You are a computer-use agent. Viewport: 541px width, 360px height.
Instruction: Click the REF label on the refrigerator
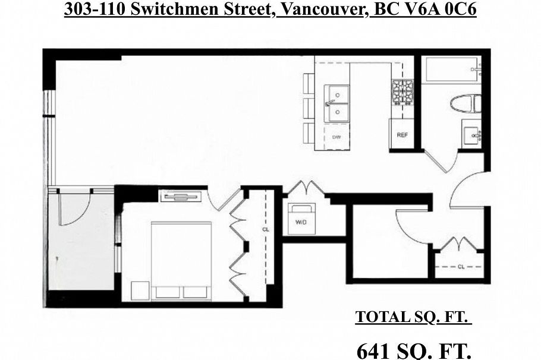pyautogui.click(x=402, y=135)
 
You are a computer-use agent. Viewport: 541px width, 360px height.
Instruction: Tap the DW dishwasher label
pyautogui.click(x=336, y=136)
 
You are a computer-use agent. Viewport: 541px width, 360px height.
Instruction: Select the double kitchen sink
pyautogui.click(x=336, y=102)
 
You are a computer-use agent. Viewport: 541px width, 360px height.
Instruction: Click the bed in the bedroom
pyautogui.click(x=181, y=260)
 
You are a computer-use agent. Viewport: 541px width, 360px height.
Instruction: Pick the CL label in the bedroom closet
pyautogui.click(x=265, y=229)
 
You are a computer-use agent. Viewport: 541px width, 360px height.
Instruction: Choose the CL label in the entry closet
pyautogui.click(x=461, y=267)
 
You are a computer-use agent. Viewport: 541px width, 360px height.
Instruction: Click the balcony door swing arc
pyautogui.click(x=74, y=210)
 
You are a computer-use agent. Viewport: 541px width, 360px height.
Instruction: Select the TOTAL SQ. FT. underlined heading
pyautogui.click(x=414, y=317)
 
